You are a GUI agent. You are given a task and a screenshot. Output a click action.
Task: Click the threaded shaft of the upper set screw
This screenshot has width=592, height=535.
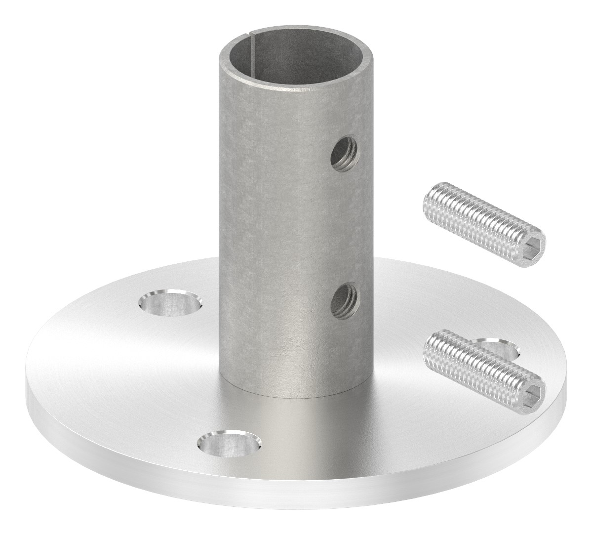(x=474, y=217)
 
